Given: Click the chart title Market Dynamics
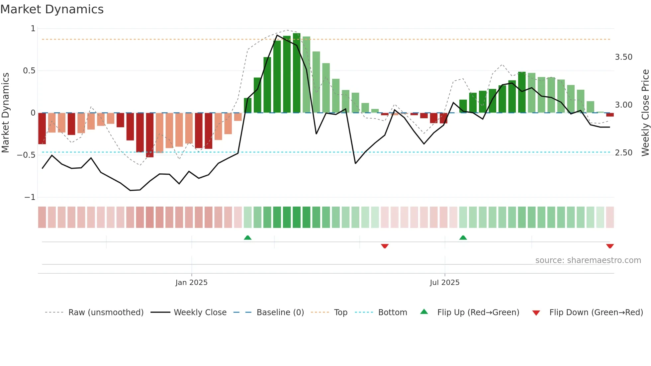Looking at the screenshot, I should coord(52,9).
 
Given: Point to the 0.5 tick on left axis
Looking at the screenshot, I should coord(29,71).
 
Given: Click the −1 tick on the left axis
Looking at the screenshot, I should coord(30,197).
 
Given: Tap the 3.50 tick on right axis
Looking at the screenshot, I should coord(623,57).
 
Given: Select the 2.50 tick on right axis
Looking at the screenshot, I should coord(623,153).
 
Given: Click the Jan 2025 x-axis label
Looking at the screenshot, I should coord(191,283).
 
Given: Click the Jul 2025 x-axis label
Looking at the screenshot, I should coord(444,283).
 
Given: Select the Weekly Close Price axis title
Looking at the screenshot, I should coord(645,113).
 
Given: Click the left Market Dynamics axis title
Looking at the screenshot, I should coord(5,113).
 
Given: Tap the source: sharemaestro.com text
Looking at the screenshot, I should coord(588,260).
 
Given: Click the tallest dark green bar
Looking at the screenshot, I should coord(297,73).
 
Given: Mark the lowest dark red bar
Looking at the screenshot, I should coord(150,135).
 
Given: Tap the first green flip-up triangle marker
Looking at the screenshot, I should coord(247,237).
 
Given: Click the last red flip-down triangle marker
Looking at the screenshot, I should coord(610,246).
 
